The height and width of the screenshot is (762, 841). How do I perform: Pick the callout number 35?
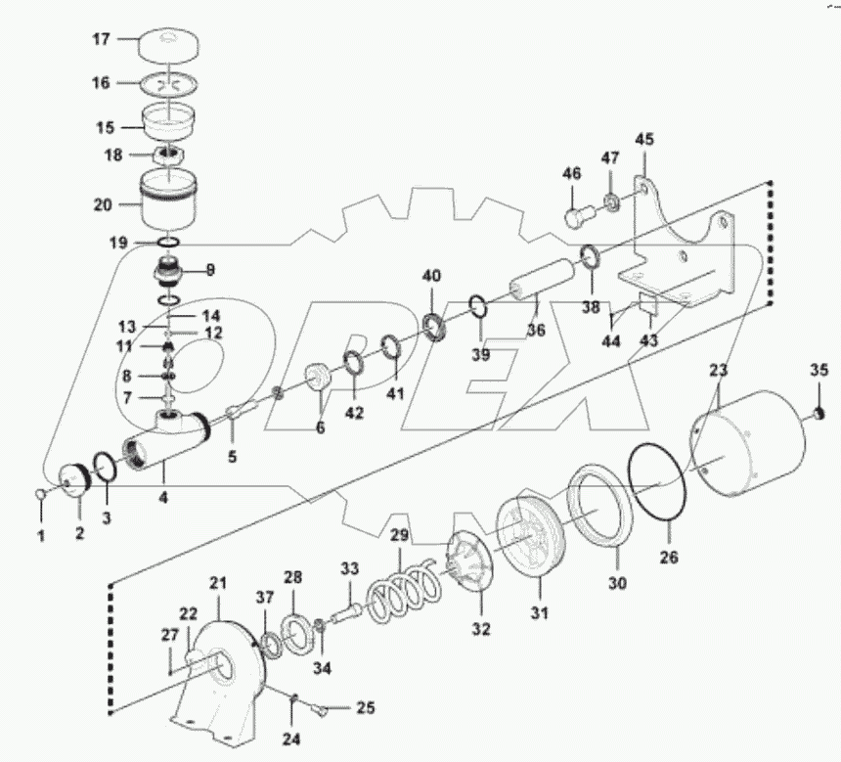click(819, 370)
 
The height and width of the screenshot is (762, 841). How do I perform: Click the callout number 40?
click(431, 276)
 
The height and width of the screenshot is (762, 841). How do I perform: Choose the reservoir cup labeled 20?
click(169, 204)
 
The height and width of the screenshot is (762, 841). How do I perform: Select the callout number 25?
click(365, 707)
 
